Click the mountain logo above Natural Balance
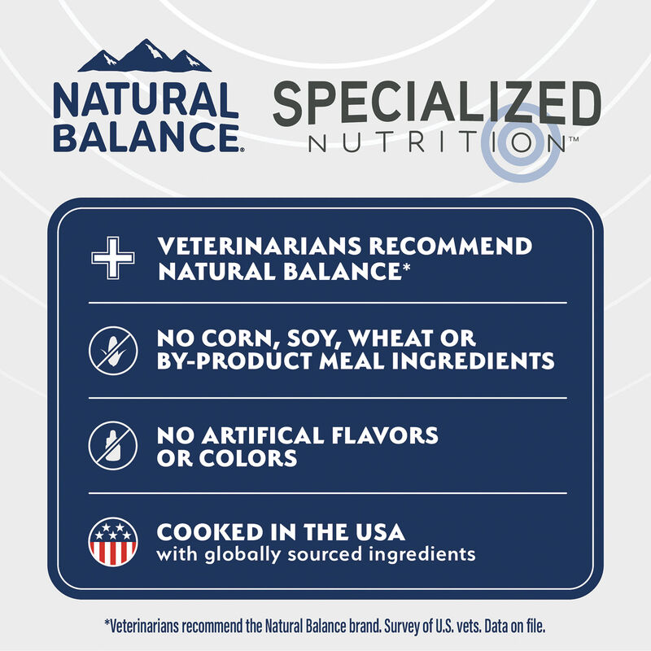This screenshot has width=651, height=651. (x=144, y=57)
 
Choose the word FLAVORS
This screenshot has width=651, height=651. (x=387, y=436)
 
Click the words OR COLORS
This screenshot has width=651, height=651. (x=226, y=458)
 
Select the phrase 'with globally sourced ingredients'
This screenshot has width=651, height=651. (x=315, y=555)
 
